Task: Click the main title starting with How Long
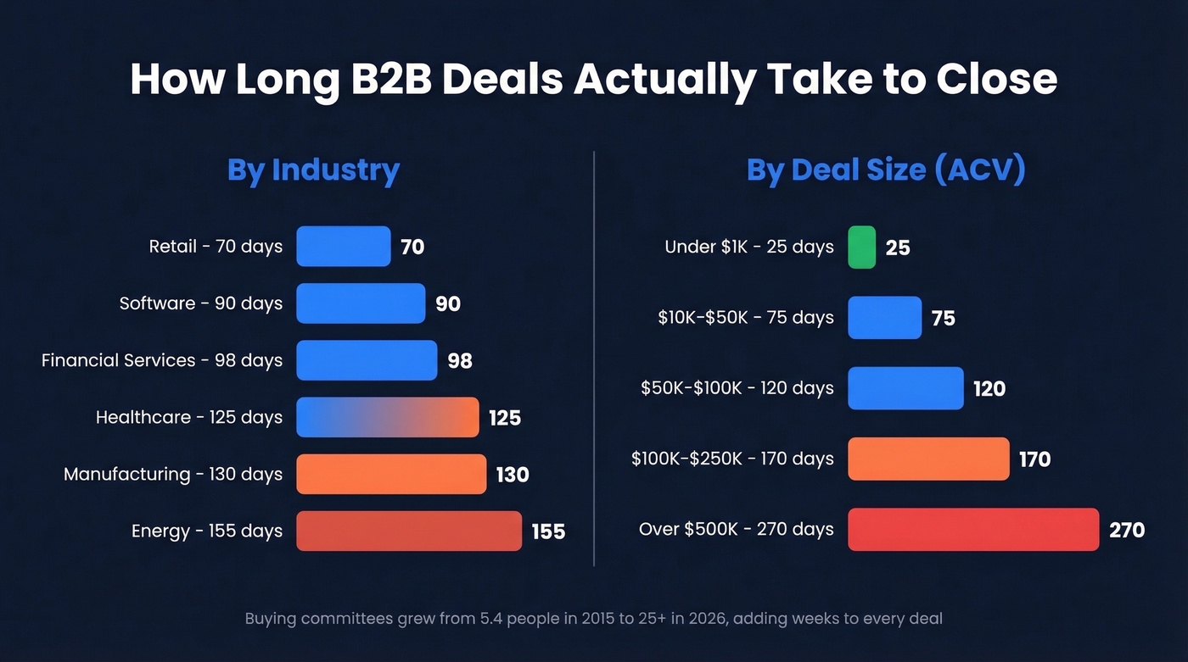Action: click(x=593, y=79)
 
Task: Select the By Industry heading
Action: click(x=313, y=170)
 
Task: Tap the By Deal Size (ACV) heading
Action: click(x=886, y=170)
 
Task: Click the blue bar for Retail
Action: click(x=343, y=247)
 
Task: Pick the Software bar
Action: click(x=360, y=303)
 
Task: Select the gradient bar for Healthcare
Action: click(x=387, y=417)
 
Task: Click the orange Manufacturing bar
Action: click(x=390, y=474)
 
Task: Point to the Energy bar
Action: click(x=408, y=531)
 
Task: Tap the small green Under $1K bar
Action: click(x=861, y=247)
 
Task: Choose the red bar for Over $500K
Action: click(x=972, y=530)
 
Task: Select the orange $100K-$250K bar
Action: click(x=928, y=459)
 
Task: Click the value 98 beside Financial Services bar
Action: click(x=460, y=361)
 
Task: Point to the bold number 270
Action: click(x=1127, y=531)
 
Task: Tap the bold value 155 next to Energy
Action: click(x=548, y=531)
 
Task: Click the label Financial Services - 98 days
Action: click(x=162, y=360)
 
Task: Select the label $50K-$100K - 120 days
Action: click(x=737, y=388)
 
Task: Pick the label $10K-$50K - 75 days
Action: click(x=746, y=318)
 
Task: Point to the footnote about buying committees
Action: click(x=593, y=618)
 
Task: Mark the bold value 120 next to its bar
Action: click(x=989, y=389)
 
